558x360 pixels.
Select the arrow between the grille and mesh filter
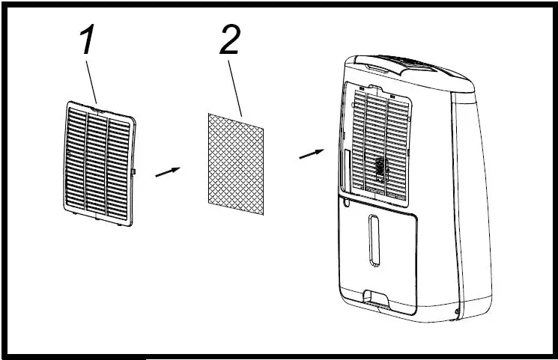pyautogui.click(x=168, y=171)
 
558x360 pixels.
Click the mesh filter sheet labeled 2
pyautogui.click(x=235, y=163)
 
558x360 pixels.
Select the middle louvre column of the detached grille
pyautogui.click(x=95, y=162)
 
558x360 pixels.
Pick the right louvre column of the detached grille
pyautogui.click(x=118, y=164)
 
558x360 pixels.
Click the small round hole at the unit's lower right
pyautogui.click(x=458, y=314)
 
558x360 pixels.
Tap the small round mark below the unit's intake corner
pyautogui.click(x=344, y=201)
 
